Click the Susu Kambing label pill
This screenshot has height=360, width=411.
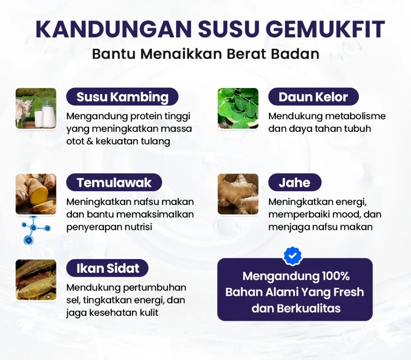click(x=122, y=96)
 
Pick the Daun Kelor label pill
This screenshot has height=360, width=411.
click(x=313, y=96)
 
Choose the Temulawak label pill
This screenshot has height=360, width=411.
click(x=114, y=182)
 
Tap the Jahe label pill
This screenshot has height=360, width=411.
click(x=295, y=182)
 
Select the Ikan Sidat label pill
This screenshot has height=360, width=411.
click(x=108, y=268)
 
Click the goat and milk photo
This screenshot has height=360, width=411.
click(x=36, y=108)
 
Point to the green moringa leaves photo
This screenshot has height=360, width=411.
click(x=238, y=108)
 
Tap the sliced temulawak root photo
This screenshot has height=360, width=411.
click(x=36, y=194)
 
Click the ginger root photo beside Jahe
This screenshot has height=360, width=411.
click(x=238, y=194)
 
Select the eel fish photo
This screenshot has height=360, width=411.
click(x=36, y=280)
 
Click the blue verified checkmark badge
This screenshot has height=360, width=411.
click(x=293, y=255)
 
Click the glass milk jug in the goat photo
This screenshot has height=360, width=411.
click(x=49, y=113)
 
